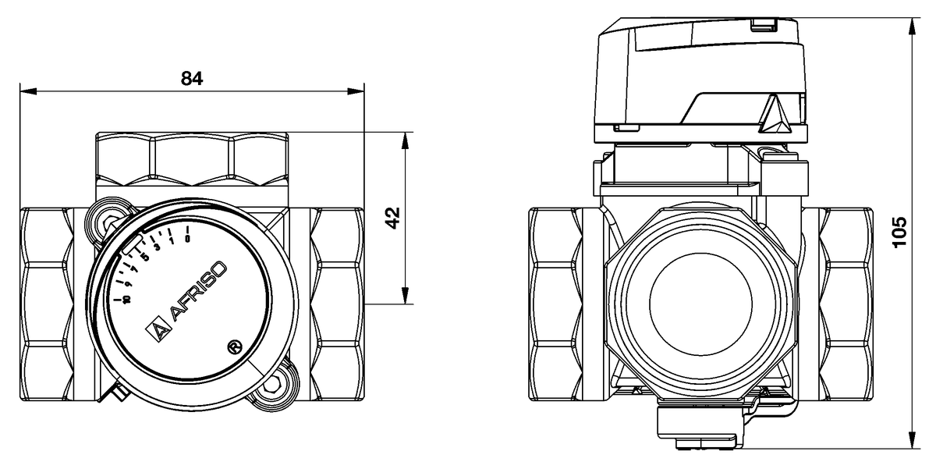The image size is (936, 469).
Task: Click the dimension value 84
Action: [x=192, y=78]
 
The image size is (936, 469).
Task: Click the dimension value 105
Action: [x=900, y=233]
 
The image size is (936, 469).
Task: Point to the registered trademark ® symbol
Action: [x=232, y=346]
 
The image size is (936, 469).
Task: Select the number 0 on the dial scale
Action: [x=188, y=239]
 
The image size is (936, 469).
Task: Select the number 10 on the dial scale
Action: [x=117, y=298]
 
